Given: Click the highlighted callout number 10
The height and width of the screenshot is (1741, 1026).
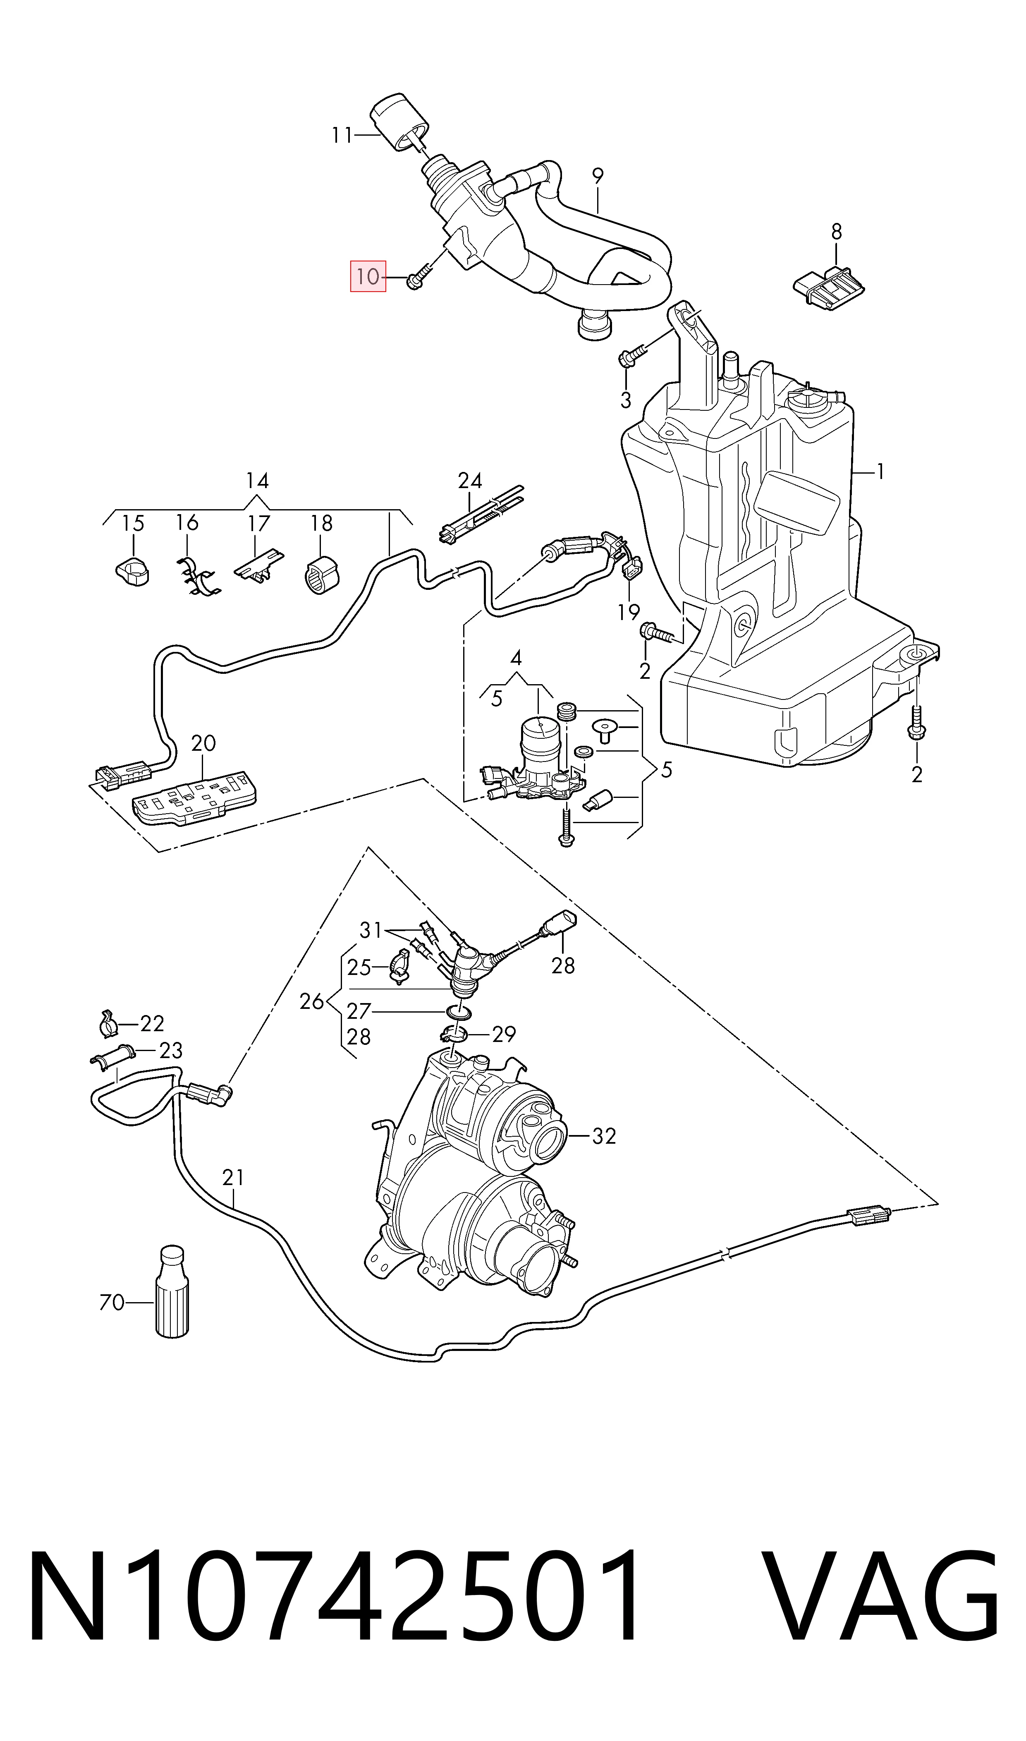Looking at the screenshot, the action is pos(368,277).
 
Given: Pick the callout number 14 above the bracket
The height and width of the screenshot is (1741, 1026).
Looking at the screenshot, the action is pos(257,481).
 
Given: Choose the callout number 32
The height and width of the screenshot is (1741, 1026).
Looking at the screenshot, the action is pos(604,1135).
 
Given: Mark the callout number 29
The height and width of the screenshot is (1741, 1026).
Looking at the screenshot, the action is pos(504,1034).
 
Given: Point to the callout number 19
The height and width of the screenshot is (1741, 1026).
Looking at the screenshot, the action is pos(629,612).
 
